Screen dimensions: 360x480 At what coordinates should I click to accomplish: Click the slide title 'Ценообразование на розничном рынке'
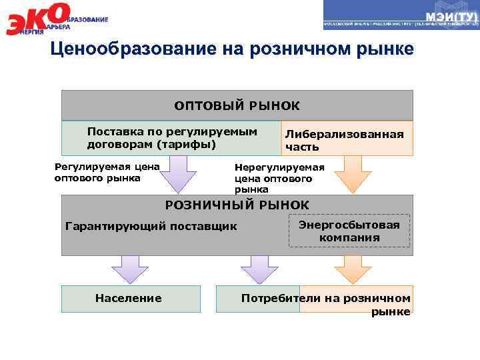[232, 50]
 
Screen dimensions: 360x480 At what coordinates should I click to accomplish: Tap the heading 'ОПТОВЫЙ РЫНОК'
[237, 105]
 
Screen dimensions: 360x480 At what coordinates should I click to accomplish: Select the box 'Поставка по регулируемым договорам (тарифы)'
[171, 138]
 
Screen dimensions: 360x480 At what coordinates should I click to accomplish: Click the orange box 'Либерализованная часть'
[345, 140]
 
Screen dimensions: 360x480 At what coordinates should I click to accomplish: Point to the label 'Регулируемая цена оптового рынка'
[107, 173]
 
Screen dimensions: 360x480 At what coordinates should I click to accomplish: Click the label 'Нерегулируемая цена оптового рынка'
[279, 178]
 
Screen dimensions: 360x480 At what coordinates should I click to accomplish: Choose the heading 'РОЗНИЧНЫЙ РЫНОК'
[237, 205]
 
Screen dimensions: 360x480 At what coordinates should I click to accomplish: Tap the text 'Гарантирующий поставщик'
[151, 226]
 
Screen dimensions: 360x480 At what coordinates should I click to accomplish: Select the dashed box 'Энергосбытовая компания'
[349, 231]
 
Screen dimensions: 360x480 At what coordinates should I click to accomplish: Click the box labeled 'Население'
[129, 299]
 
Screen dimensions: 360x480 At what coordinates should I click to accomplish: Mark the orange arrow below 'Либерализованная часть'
[352, 175]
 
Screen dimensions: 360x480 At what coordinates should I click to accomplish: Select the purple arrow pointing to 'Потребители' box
[259, 270]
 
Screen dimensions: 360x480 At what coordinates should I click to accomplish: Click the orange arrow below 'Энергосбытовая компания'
[352, 270]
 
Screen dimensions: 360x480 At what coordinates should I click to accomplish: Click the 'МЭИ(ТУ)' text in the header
[450, 17]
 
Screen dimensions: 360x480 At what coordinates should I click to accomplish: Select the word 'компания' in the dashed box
[349, 237]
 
